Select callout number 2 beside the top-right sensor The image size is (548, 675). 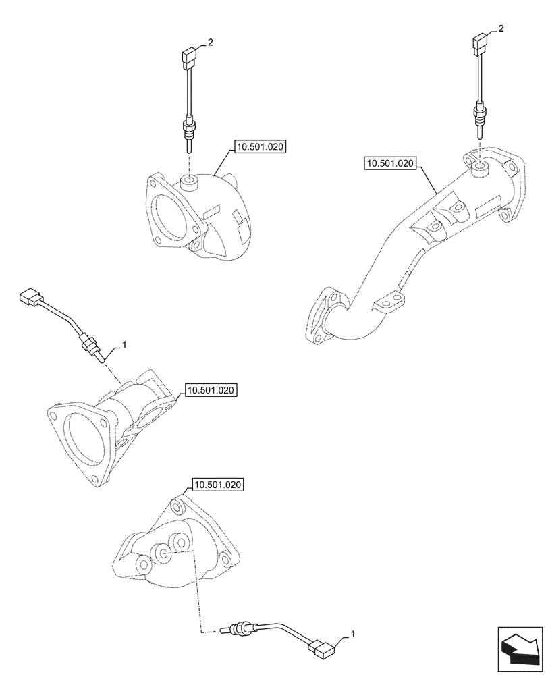(x=501, y=28)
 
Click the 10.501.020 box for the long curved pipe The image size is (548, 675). (x=391, y=163)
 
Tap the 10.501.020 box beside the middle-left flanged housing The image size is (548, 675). (x=211, y=390)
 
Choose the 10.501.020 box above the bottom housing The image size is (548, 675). (x=218, y=485)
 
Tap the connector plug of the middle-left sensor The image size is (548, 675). (x=30, y=296)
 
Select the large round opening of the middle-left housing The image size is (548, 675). (x=86, y=443)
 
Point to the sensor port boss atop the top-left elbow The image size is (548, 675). (x=189, y=180)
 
